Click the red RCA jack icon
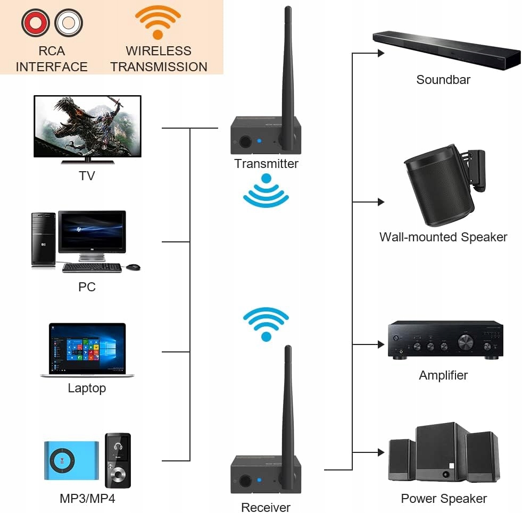36,23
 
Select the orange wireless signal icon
158,22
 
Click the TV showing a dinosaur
87,127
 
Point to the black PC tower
43,239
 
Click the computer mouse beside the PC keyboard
134,266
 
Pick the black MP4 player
118,460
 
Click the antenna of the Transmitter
287,74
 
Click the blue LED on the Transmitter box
259,141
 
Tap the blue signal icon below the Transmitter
266,194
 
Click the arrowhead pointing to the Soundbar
381,53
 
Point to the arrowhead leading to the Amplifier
381,344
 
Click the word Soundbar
443,80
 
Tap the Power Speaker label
444,499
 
